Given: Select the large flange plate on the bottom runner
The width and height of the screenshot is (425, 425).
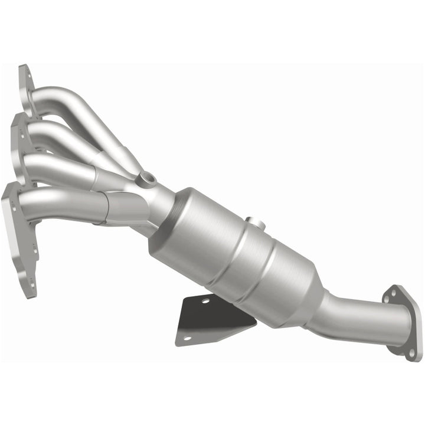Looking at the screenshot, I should click(21, 236).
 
